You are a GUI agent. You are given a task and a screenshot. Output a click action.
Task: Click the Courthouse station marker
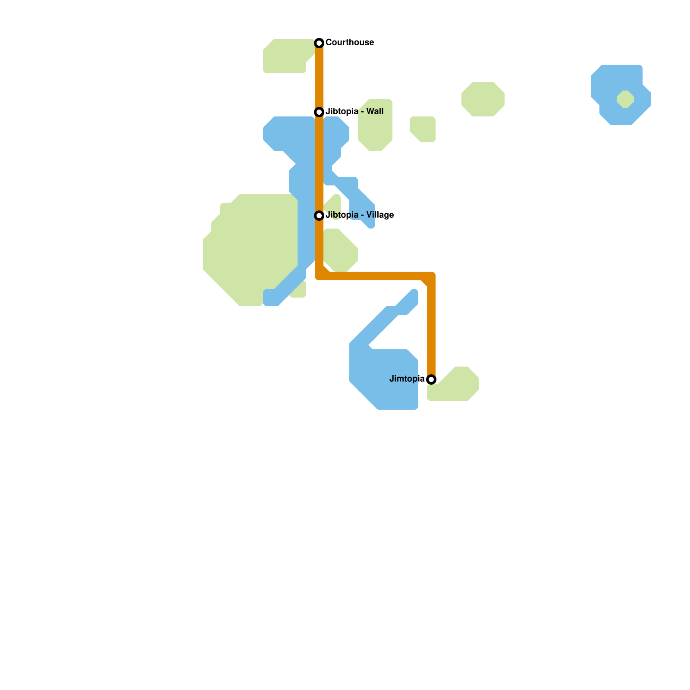coord(319,43)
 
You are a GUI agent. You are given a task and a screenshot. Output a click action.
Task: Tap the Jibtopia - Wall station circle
coord(319,112)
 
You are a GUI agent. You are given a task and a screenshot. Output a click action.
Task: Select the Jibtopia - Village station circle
coord(319,215)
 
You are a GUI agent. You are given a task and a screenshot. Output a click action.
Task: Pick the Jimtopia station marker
coord(431,379)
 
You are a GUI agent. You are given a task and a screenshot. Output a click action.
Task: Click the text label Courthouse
coord(349,42)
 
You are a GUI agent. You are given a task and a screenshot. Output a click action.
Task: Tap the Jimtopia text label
coord(407,379)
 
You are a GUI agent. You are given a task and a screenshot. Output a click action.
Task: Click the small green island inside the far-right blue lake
coord(625,99)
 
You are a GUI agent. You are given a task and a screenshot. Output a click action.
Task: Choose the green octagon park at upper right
coord(483,99)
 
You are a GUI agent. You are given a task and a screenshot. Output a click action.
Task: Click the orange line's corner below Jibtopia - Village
coord(320,276)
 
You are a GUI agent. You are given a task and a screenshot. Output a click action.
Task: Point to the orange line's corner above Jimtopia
coord(431,276)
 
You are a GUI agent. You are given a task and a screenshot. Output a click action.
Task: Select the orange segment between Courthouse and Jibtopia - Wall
coord(319,78)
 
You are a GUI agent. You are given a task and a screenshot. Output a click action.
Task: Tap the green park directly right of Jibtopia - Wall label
coord(375,129)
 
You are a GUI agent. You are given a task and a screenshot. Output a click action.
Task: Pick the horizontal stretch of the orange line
coord(375,276)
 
